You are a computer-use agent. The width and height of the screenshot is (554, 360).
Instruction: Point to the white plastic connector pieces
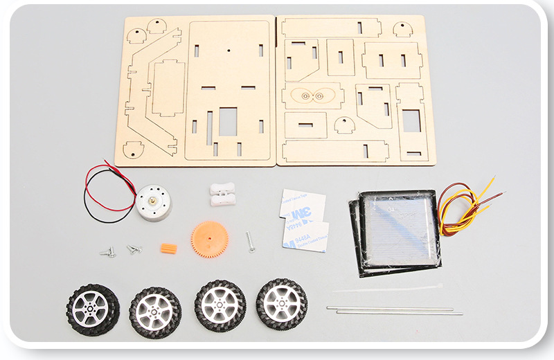pyautogui.click(x=222, y=193)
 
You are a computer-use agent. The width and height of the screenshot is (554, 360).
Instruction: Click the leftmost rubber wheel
pyautogui.click(x=93, y=309)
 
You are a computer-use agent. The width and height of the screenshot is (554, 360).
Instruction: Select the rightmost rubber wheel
pyautogui.click(x=282, y=303)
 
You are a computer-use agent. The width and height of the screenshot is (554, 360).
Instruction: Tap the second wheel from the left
pyautogui.click(x=155, y=312)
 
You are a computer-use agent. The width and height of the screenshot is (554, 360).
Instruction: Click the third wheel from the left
pyautogui.click(x=220, y=305)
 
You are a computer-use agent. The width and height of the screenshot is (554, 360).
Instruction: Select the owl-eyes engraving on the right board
pyautogui.click(x=310, y=96)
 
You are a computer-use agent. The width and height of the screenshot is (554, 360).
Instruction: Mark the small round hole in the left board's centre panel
pyautogui.click(x=228, y=49)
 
